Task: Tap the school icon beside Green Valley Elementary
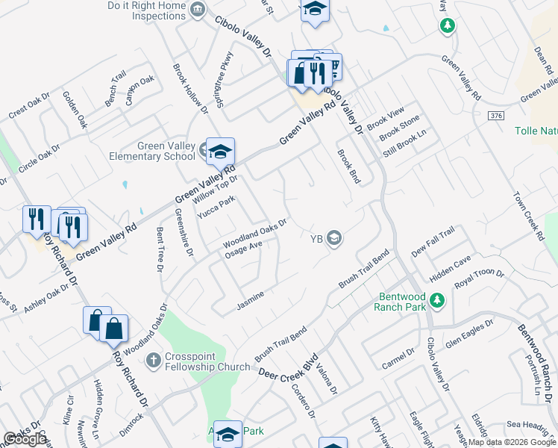pos(220,152)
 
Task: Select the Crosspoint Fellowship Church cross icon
pos(153,361)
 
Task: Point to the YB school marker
pos(335,239)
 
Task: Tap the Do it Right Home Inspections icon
pos(198,10)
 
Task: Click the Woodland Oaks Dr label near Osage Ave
pos(255,234)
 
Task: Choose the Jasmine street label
pos(250,301)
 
